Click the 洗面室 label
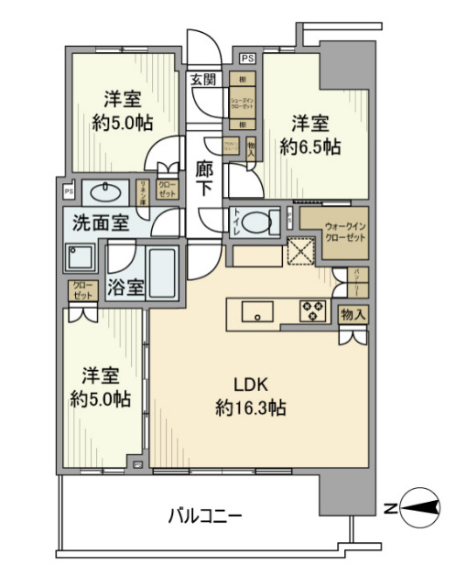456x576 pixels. [101, 223]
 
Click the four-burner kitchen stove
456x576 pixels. [312, 311]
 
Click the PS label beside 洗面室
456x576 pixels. [68, 192]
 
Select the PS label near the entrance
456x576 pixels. [248, 60]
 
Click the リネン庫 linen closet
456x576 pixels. [144, 191]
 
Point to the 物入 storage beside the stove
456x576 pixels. [353, 314]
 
